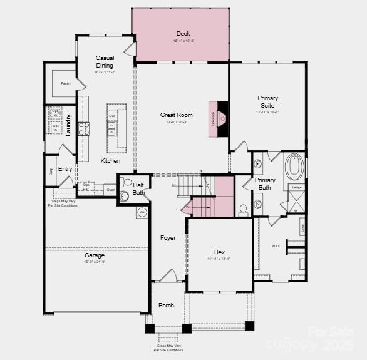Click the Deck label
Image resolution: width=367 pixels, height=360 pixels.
pos(183,34)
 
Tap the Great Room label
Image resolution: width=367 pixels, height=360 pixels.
pos(177,115)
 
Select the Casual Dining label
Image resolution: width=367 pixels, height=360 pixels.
pos(105,61)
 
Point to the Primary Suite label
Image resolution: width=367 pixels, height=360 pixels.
pos(267,102)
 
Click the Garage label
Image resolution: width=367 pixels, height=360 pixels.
pos(95,255)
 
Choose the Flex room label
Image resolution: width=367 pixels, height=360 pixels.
pos(219,252)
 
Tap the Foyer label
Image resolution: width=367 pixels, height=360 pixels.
pos(168,238)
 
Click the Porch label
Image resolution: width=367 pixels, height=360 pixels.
pos(167,306)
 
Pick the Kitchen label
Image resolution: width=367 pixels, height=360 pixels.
pos(110,161)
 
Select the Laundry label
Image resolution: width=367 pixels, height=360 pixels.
pos(68,125)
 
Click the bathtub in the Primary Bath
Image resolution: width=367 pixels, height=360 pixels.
pos(294,168)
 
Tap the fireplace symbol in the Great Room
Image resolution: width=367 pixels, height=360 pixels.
pos(220,118)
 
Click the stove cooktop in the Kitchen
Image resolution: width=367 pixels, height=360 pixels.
pos(83,129)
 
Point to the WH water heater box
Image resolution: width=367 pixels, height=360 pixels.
pos(142,213)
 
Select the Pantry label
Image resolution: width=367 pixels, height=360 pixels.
pos(65,83)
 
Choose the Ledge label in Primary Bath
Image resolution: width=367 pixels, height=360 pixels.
pos(296,187)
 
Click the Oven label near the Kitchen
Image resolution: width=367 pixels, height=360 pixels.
pos(110,189)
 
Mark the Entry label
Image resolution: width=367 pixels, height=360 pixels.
pos(65,169)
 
